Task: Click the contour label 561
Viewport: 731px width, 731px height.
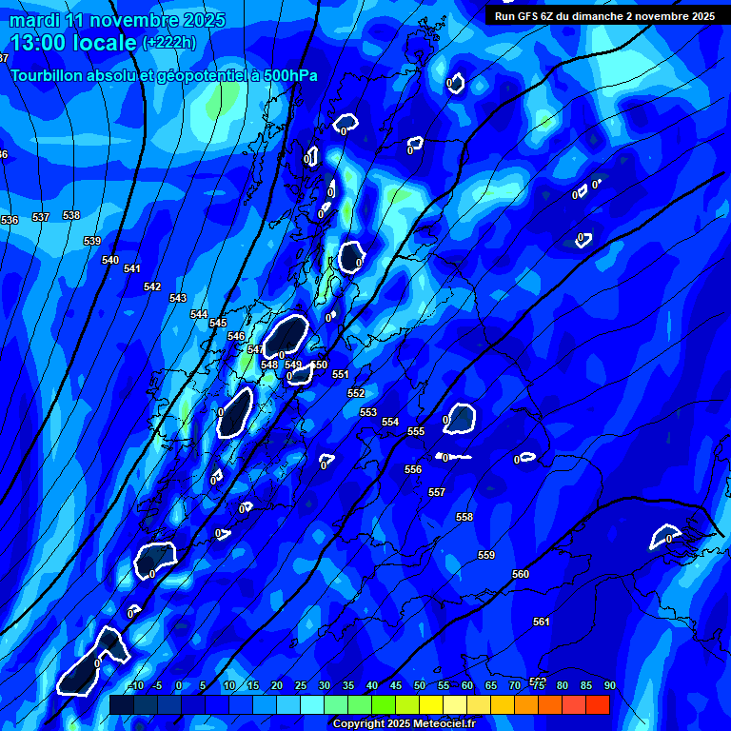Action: (x=542, y=622)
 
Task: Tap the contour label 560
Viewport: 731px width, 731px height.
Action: (x=521, y=574)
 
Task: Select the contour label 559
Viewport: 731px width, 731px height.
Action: (x=486, y=555)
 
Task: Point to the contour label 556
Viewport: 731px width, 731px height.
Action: (x=413, y=469)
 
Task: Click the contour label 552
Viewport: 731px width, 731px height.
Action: (x=356, y=393)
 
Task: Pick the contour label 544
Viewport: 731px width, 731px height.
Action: (x=199, y=314)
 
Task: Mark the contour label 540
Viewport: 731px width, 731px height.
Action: (x=110, y=260)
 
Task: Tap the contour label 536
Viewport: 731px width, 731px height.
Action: (x=10, y=220)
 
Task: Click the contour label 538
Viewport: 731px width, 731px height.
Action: (x=71, y=215)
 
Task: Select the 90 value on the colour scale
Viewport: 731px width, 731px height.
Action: (x=609, y=686)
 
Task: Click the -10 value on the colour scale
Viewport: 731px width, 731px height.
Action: (x=135, y=686)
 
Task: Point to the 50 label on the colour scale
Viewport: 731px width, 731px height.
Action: (x=420, y=686)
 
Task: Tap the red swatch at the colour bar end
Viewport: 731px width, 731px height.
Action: (x=598, y=704)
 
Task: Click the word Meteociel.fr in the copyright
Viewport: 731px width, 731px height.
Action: (x=445, y=724)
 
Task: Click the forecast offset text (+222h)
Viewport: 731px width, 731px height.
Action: (x=169, y=43)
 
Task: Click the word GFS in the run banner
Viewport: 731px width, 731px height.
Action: (x=528, y=16)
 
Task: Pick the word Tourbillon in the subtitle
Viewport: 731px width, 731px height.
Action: (x=47, y=76)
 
